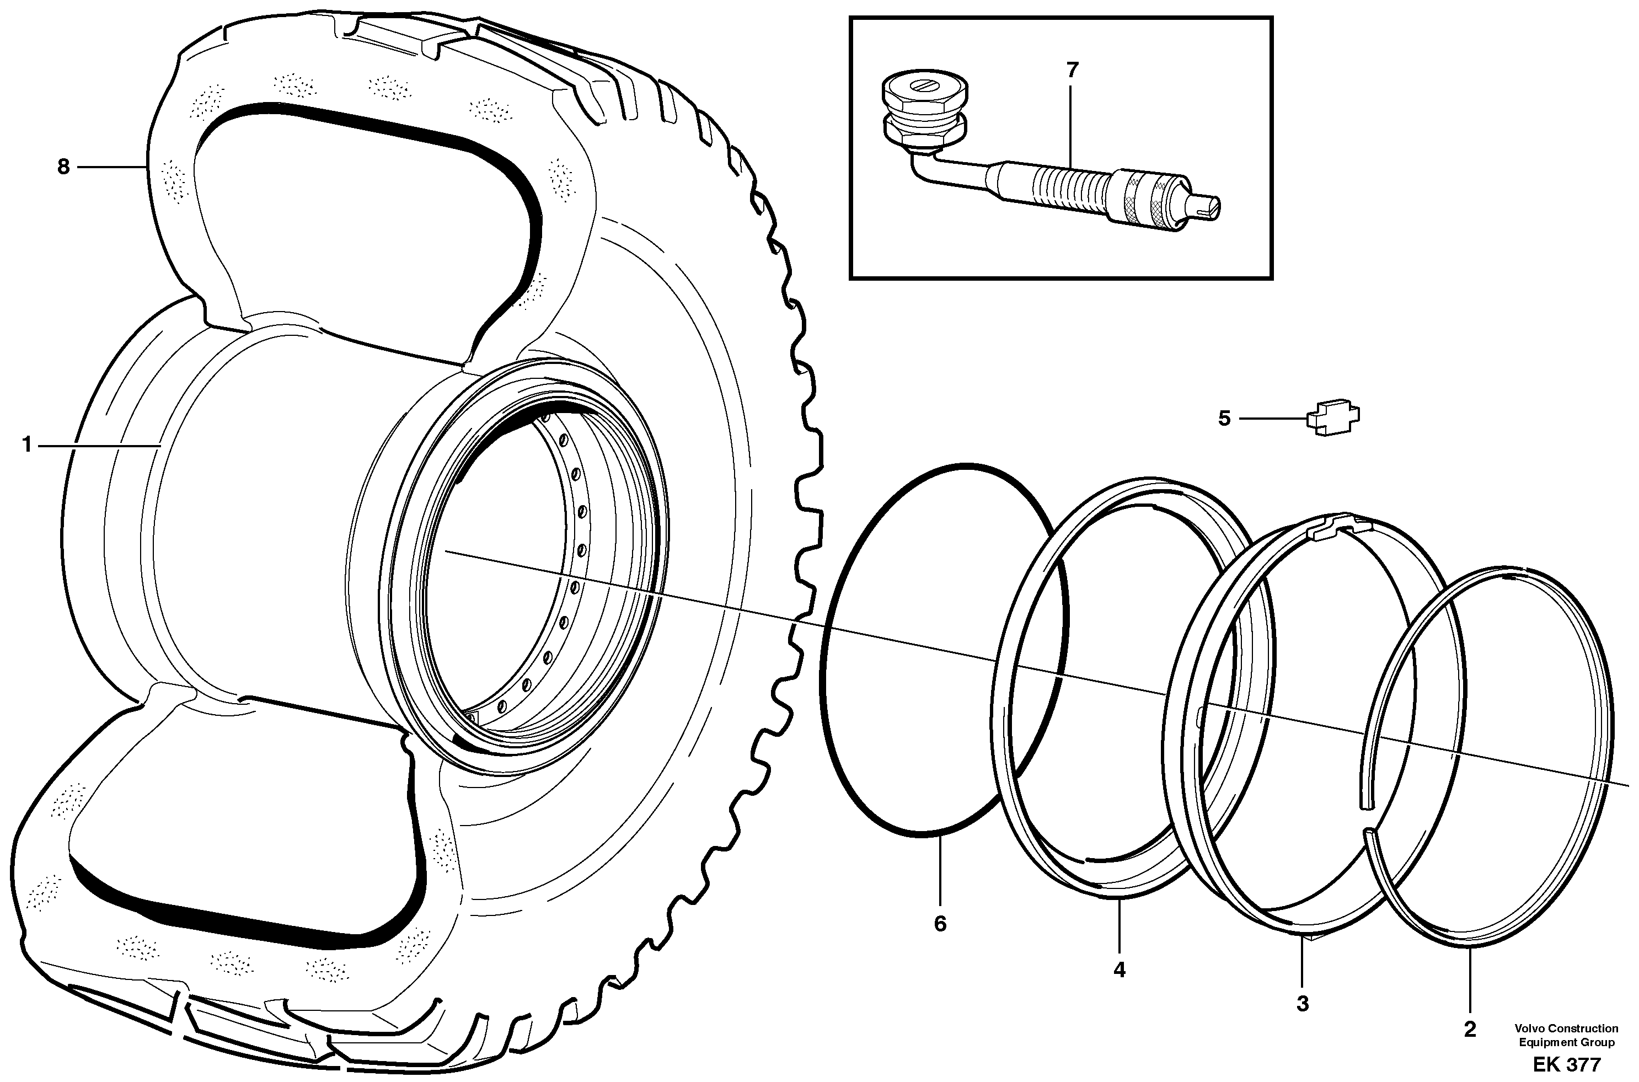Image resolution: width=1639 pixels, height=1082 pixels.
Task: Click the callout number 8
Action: [x=63, y=167]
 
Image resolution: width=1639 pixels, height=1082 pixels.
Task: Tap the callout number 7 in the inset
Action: [x=1072, y=71]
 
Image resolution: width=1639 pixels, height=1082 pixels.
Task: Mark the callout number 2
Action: [x=1470, y=1030]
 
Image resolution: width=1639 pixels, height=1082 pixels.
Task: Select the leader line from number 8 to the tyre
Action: [x=110, y=167]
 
